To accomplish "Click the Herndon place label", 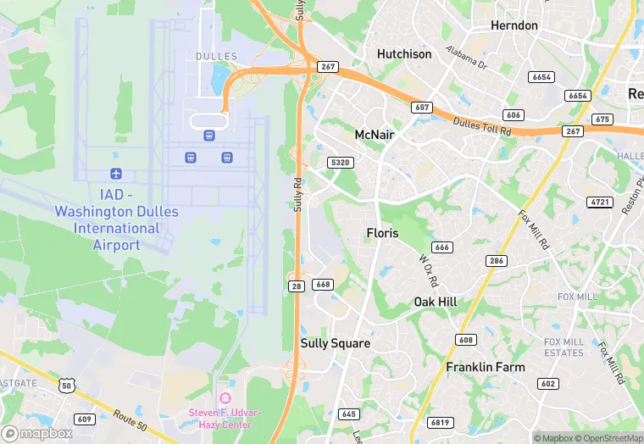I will (x=514, y=25).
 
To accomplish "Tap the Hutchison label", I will (x=404, y=54).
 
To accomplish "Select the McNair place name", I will (x=375, y=134).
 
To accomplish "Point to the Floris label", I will (x=382, y=232).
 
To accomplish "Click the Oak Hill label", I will (x=436, y=302).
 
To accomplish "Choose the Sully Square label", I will (x=336, y=343).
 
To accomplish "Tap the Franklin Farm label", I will (x=486, y=367).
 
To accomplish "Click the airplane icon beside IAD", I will (x=115, y=174).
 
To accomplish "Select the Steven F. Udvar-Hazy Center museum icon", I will (x=225, y=397).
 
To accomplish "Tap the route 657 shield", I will (x=421, y=108).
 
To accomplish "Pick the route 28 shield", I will (x=295, y=286).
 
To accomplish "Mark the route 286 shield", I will (x=497, y=260).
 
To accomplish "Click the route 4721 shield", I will (x=599, y=202).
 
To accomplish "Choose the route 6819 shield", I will (x=441, y=422).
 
